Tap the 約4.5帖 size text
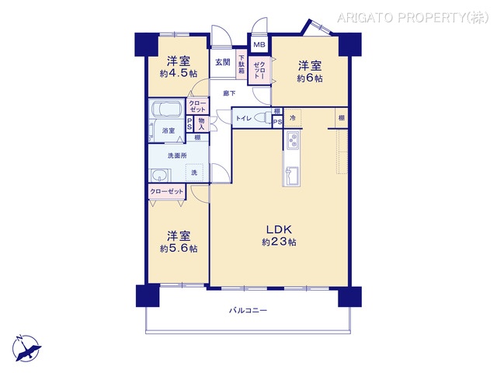click(179, 74)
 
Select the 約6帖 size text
click(310, 78)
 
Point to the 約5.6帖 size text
click(179, 249)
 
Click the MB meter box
click(258, 46)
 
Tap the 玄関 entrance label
click(222, 62)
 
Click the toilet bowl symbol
click(259, 117)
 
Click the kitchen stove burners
click(294, 141)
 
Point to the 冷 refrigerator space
click(293, 117)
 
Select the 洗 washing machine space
click(195, 173)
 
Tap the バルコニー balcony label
click(248, 311)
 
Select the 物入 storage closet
click(202, 122)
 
